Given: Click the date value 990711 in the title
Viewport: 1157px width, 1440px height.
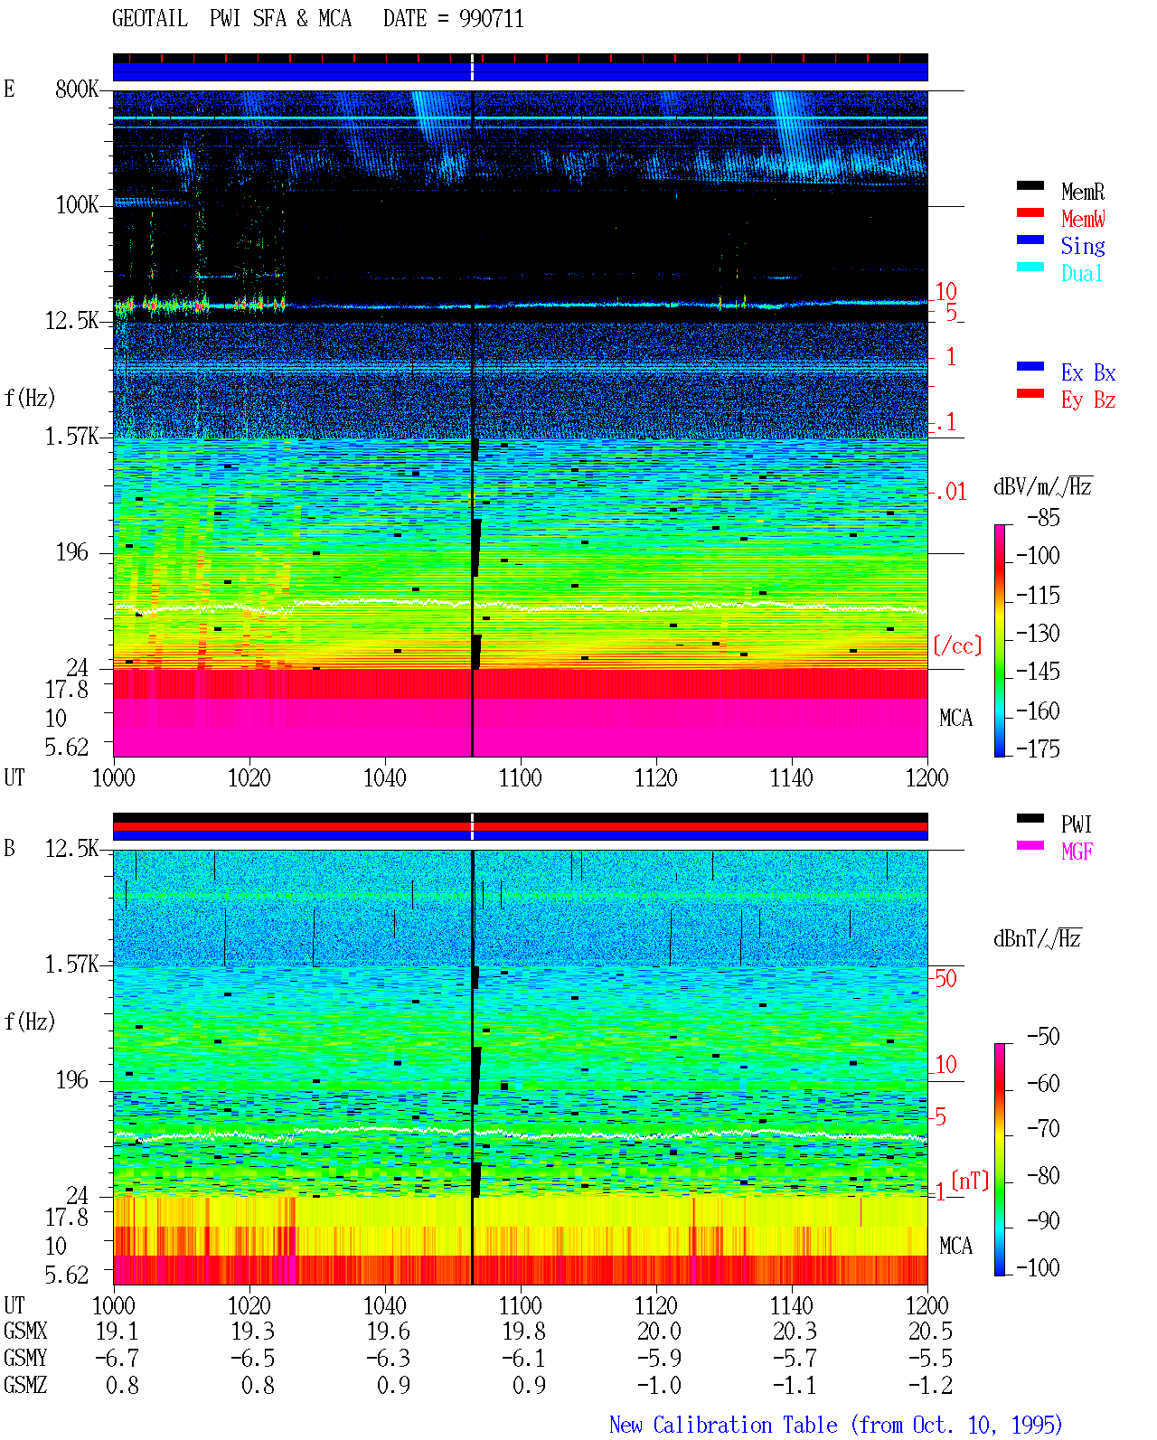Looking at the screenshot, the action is pyautogui.click(x=491, y=19).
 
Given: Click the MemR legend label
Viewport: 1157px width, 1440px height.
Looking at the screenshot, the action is pyautogui.click(x=1082, y=192).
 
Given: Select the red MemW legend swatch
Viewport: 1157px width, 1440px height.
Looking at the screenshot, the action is pyautogui.click(x=1030, y=212).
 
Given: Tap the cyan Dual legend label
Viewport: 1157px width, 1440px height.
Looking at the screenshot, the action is pyautogui.click(x=1081, y=273).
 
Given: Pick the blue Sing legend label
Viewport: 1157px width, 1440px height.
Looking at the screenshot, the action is pyautogui.click(x=1082, y=246).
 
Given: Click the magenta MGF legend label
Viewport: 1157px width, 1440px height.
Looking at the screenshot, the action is pyautogui.click(x=1077, y=852).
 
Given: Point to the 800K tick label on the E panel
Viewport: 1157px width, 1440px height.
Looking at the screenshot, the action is pyautogui.click(x=77, y=89).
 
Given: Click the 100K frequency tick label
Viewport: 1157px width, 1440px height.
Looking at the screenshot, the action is pyautogui.click(x=77, y=205).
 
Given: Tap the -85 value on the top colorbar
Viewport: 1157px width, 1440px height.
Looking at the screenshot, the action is pyautogui.click(x=1043, y=517).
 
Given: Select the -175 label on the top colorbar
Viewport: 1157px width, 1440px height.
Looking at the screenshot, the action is pyautogui.click(x=1038, y=748).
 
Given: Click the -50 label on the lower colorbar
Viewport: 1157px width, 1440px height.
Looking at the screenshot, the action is pyautogui.click(x=1043, y=1036).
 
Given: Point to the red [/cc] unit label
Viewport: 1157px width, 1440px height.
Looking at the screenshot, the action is pyautogui.click(x=957, y=645).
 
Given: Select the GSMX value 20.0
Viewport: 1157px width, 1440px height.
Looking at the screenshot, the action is pyautogui.click(x=659, y=1331).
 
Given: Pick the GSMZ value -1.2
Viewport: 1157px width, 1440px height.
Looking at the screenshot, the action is pyautogui.click(x=929, y=1385).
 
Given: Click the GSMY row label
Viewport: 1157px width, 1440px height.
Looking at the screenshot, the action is pyautogui.click(x=25, y=1358).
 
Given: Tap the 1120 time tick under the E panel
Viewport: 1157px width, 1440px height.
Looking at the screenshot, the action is pyautogui.click(x=656, y=777).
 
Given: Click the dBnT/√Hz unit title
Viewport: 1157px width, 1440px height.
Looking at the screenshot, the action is pyautogui.click(x=1037, y=938).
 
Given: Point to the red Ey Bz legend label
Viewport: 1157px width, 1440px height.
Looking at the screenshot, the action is pyautogui.click(x=1087, y=400).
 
